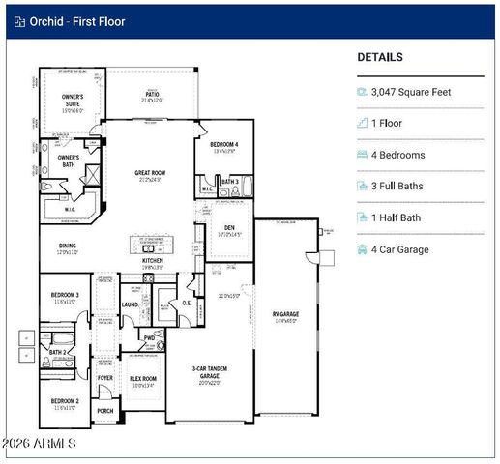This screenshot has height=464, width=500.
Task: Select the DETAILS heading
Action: pyautogui.click(x=380, y=57)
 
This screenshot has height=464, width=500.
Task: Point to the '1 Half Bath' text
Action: pyautogui.click(x=398, y=217)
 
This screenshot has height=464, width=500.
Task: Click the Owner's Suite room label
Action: pyautogui.click(x=74, y=101)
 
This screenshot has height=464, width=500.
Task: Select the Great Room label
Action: pyautogui.click(x=151, y=174)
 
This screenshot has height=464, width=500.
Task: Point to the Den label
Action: pyautogui.click(x=229, y=228)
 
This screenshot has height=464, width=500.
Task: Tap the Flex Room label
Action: pyautogui.click(x=143, y=379)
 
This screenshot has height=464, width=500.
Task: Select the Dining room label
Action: pyautogui.click(x=67, y=246)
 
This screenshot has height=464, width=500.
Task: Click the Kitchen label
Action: pyautogui.click(x=153, y=261)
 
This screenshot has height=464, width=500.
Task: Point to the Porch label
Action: pyautogui.click(x=105, y=411)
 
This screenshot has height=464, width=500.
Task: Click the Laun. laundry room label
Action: pyautogui.click(x=131, y=304)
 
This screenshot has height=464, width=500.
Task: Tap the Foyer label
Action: pyautogui.click(x=104, y=378)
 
